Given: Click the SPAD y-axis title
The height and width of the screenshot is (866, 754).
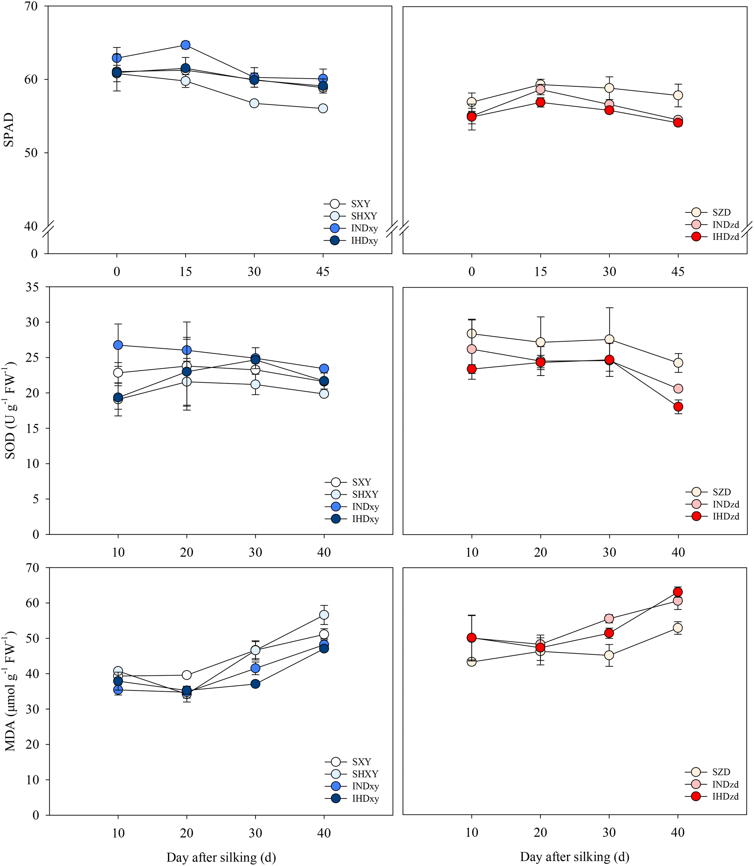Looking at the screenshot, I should pyautogui.click(x=8, y=130).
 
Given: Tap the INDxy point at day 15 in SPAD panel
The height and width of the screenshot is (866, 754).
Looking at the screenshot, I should pyautogui.click(x=186, y=45).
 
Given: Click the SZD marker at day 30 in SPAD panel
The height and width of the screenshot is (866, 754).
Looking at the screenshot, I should pyautogui.click(x=609, y=88).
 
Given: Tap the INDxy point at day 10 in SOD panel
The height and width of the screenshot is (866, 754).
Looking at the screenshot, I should pyautogui.click(x=118, y=345).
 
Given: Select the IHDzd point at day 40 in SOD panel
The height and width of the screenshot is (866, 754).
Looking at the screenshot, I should pyautogui.click(x=678, y=407).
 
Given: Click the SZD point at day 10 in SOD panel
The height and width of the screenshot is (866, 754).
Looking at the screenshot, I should pyautogui.click(x=472, y=334).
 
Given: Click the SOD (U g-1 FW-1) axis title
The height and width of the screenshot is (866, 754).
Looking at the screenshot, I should pyautogui.click(x=10, y=410).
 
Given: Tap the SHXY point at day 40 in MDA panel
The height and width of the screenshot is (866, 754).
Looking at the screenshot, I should pyautogui.click(x=324, y=615).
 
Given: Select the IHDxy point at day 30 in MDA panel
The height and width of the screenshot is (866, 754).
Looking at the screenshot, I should pyautogui.click(x=255, y=684).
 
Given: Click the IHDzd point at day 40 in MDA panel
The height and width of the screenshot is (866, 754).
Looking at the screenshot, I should pyautogui.click(x=678, y=592).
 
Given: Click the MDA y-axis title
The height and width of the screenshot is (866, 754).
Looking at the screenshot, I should pyautogui.click(x=10, y=691).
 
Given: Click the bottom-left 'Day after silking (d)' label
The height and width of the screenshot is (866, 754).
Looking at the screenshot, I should pyautogui.click(x=221, y=857).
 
